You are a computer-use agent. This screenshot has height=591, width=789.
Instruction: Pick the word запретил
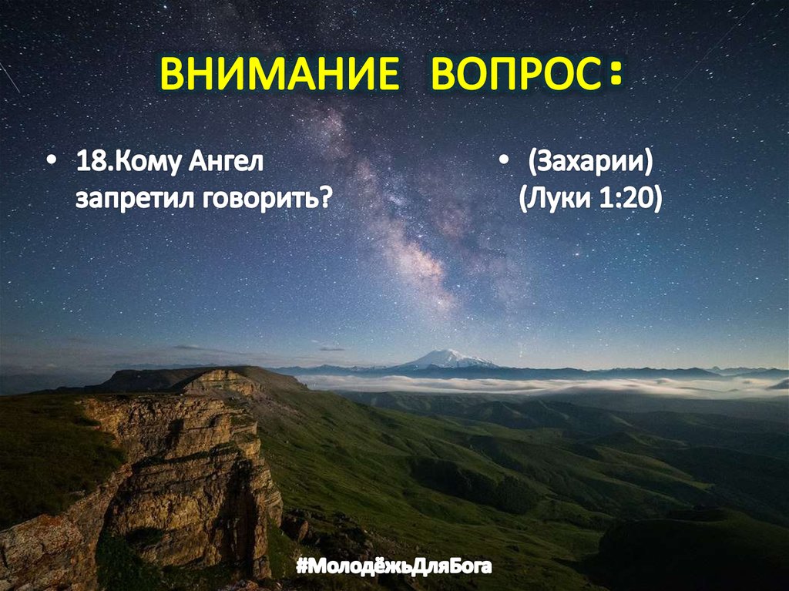(136, 199)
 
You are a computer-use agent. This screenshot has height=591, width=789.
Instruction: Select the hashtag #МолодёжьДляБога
(394, 568)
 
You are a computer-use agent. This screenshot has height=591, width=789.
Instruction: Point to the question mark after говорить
(326, 199)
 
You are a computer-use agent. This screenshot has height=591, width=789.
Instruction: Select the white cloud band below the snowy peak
(493, 384)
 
